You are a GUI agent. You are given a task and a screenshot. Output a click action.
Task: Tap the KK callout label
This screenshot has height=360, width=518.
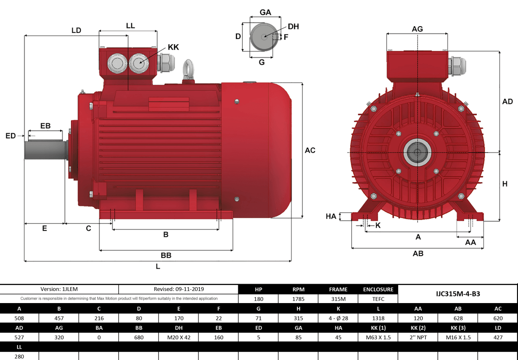coord(173,47)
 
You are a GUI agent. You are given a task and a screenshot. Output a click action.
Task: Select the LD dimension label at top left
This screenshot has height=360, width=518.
coord(76,30)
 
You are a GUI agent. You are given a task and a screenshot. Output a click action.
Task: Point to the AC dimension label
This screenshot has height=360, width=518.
coord(310,150)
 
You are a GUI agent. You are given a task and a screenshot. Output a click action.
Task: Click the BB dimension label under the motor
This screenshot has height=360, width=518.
coord(166,255)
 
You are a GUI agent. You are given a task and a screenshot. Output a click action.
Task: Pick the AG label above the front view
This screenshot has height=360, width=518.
coord(417,29)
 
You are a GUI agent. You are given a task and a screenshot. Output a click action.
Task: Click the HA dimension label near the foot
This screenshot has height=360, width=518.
coord(331,217)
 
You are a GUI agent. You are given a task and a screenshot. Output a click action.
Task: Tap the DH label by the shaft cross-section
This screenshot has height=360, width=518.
coord(293,27)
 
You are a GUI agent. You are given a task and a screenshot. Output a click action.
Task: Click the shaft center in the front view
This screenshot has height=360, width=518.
coord(417,153)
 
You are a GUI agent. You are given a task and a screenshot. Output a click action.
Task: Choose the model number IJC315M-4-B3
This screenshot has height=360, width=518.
coord(457,294)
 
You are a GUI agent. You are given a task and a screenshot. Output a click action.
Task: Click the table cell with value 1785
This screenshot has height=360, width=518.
coord(298,299)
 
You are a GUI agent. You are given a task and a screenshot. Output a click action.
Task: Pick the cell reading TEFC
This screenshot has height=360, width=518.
coord(378,299)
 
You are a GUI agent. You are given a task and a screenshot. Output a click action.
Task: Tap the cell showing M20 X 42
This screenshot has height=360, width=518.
coord(179,337)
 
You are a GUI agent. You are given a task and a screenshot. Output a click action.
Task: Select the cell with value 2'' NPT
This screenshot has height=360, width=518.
coord(418,337)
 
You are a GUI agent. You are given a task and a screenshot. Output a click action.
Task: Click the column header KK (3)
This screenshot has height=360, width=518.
coord(457,327)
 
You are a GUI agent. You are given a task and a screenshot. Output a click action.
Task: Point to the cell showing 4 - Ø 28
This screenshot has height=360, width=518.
coord(338,318)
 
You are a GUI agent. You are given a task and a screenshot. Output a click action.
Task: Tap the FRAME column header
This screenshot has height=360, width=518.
coord(338,289)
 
